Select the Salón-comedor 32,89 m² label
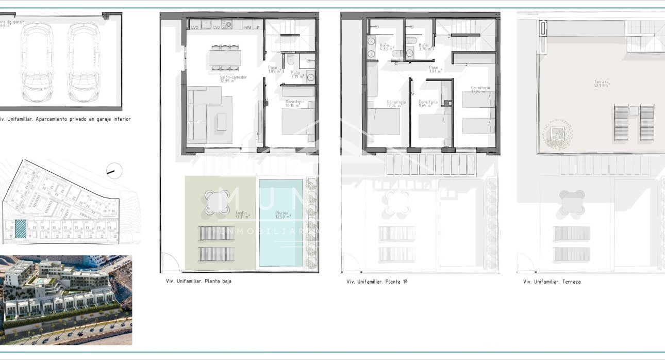(x=234, y=79)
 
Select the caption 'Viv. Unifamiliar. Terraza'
(x=552, y=282)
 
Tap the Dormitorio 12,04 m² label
(x=396, y=105)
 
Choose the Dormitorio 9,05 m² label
(x=428, y=105)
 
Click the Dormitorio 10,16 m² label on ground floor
(x=295, y=105)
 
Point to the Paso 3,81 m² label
(x=434, y=69)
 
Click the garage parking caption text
(x=65, y=119)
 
